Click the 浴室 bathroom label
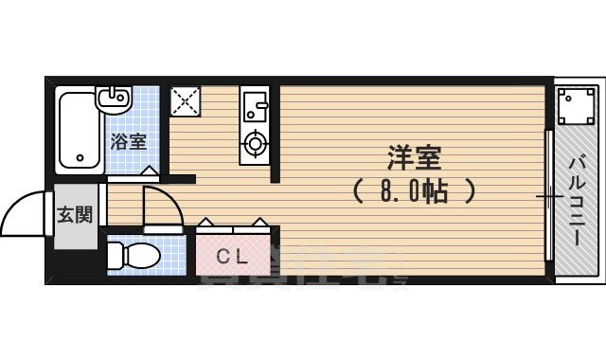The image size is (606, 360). [128, 143]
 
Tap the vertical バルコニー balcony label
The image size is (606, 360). [577, 202]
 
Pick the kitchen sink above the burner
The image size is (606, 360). [256, 102]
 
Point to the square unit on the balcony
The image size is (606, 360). [574, 106]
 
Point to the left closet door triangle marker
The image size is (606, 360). [205, 224]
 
